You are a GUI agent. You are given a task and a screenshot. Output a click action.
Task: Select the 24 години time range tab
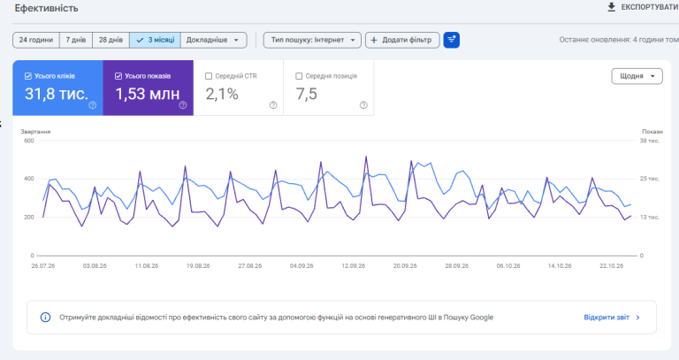coord(36,40)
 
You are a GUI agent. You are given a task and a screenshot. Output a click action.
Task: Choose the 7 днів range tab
coord(76,40)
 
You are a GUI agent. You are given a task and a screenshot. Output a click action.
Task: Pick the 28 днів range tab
coord(111,40)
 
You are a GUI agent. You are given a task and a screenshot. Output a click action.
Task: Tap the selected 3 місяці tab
coord(155,40)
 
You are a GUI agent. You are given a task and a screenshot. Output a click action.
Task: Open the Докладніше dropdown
coord(213,40)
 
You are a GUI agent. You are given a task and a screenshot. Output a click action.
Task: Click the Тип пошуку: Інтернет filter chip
coord(312,40)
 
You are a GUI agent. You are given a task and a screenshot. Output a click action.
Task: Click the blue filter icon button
coord(451,40)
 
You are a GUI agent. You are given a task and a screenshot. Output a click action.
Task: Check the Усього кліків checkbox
coord(28,76)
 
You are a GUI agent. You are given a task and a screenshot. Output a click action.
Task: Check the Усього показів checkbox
coord(118,76)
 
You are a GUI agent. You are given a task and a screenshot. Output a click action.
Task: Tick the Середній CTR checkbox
coord(209,76)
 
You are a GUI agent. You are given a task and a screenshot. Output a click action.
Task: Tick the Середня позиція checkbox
coord(299,76)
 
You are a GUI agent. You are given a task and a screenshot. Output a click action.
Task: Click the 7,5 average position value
coord(307,94)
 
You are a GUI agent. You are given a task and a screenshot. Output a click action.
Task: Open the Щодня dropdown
coord(637,76)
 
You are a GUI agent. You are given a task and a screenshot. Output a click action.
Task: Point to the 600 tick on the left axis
coord(29,141)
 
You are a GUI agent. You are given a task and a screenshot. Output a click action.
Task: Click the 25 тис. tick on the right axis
coord(650,179)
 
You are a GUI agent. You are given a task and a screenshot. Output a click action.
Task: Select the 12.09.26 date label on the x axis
coord(354,265)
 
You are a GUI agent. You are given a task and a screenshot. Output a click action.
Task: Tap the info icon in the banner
coord(45,318)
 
